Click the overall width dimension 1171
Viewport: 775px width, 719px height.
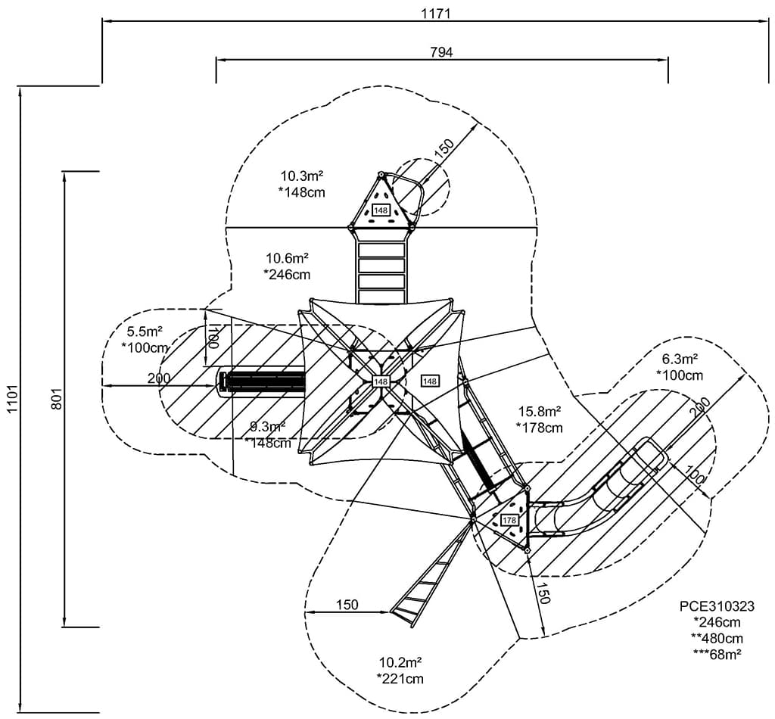(x=434, y=12)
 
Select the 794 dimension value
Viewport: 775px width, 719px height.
(x=441, y=52)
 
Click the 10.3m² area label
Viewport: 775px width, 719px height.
(x=302, y=176)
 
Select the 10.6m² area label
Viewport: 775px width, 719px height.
(x=287, y=258)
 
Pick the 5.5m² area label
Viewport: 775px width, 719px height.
(x=145, y=331)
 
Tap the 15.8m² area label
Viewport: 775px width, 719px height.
(x=540, y=412)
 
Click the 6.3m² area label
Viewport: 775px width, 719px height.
(x=680, y=359)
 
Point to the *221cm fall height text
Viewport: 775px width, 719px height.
(x=400, y=678)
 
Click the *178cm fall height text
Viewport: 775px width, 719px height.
(x=540, y=428)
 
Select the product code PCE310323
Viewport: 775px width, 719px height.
(x=717, y=606)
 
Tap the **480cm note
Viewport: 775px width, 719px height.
(x=717, y=637)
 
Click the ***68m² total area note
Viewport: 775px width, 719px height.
(x=717, y=653)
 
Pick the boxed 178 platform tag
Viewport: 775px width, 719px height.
(x=509, y=521)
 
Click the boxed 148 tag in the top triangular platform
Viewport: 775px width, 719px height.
(x=380, y=210)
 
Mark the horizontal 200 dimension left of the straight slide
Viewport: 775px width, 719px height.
(x=159, y=378)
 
